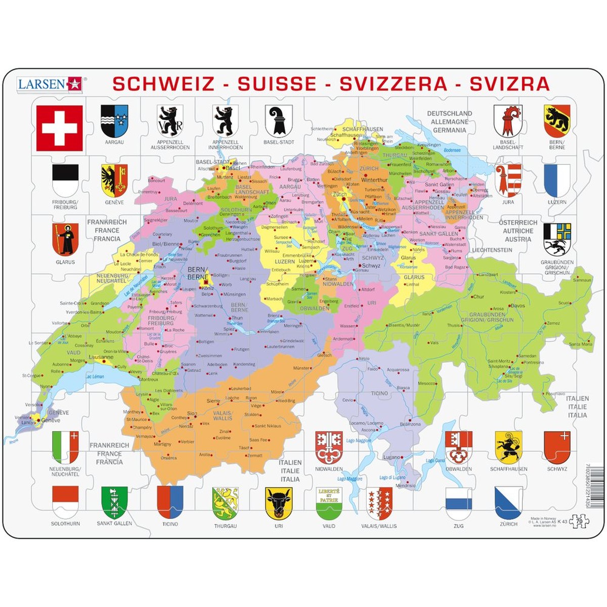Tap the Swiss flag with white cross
pyautogui.click(x=59, y=128)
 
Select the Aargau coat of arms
pyautogui.click(x=114, y=121)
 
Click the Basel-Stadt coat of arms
pyautogui.click(x=279, y=121)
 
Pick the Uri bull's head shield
pyautogui.click(x=279, y=503)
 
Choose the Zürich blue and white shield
pyautogui.click(x=508, y=502)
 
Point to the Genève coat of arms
pyautogui.click(x=114, y=181)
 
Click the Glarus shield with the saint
pyautogui.click(x=65, y=239)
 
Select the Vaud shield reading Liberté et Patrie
pyautogui.click(x=329, y=503)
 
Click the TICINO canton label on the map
pyautogui.click(x=379, y=393)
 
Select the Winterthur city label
pyautogui.click(x=374, y=180)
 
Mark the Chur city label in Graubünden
pyautogui.click(x=479, y=297)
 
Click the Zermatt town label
pyautogui.click(x=254, y=455)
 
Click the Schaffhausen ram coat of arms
pyautogui.click(x=508, y=447)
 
